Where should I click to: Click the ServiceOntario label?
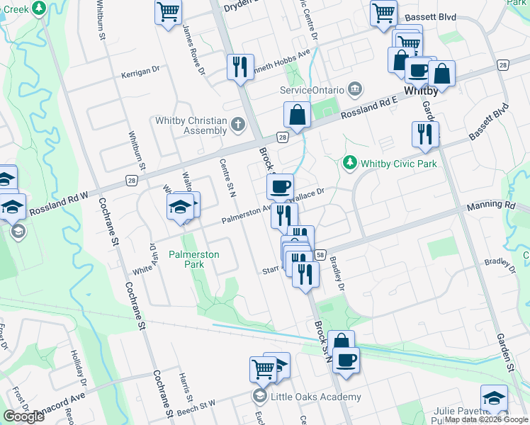(312, 90)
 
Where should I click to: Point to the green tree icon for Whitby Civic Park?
(349, 164)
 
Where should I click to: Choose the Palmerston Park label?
(193, 259)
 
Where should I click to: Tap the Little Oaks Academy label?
(310, 397)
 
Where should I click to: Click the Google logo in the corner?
(23, 416)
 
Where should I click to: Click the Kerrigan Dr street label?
(138, 74)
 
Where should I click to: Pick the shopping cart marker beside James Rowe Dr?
(169, 11)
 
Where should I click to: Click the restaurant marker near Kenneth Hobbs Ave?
(239, 67)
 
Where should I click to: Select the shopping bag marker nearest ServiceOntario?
(297, 114)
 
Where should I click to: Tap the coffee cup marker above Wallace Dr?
(280, 186)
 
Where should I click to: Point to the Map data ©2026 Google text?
(486, 419)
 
